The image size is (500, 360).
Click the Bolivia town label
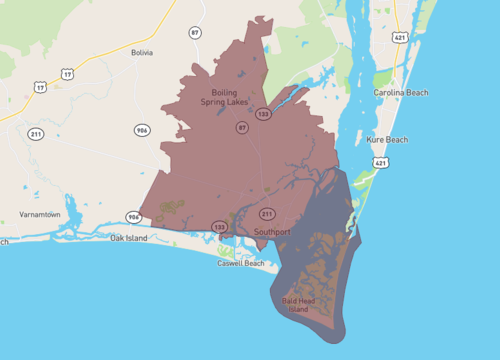[142, 52]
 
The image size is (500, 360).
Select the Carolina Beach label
[400, 92]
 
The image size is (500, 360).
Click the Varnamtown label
[40, 215]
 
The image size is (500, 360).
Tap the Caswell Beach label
[242, 263]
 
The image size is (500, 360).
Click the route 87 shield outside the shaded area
[195, 33]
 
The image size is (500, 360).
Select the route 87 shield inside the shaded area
[242, 128]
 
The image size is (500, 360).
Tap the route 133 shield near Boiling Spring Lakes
[262, 114]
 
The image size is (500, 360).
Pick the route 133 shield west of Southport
[219, 228]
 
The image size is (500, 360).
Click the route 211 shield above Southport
[267, 214]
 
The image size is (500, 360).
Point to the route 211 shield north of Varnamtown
[35, 134]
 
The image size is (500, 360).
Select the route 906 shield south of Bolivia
[143, 130]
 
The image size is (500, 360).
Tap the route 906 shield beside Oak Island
[133, 217]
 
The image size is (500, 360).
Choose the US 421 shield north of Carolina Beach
[400, 38]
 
